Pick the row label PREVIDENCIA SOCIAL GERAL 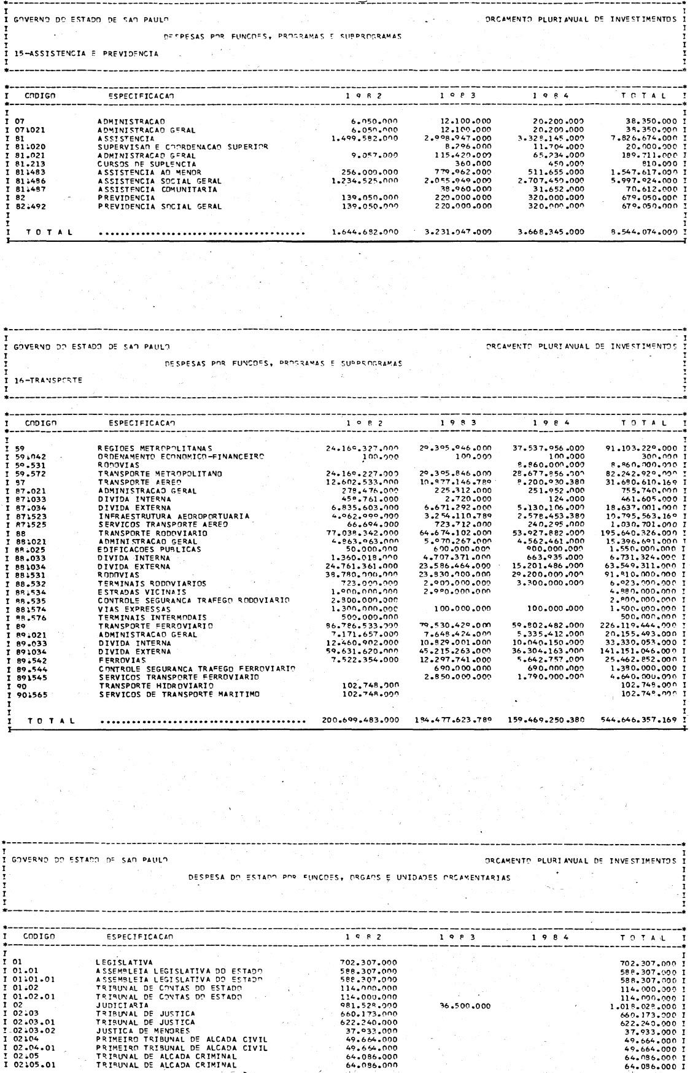click(160, 207)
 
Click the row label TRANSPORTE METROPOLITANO click(160, 473)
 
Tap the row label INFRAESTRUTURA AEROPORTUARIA click(173, 516)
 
